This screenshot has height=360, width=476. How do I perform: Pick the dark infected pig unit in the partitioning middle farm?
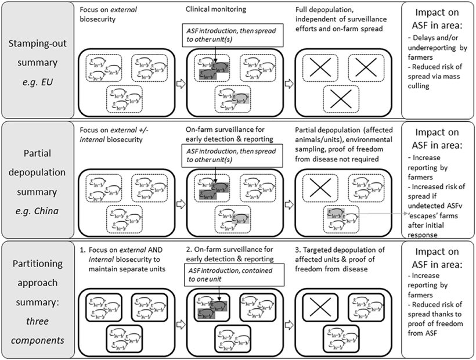211,308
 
